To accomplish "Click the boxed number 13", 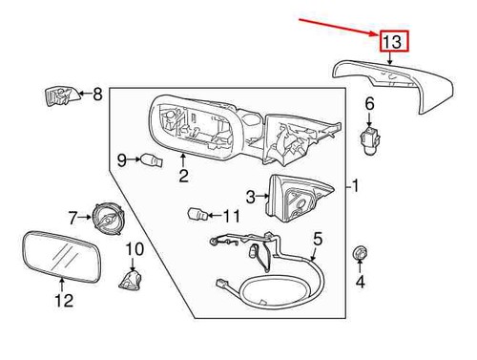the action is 394,41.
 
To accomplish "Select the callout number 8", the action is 97,94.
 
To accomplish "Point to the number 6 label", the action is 369,104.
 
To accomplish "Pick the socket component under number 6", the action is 369,140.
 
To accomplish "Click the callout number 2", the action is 183,175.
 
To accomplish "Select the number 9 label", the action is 122,159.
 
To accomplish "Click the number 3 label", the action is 251,197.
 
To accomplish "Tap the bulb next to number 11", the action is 197,214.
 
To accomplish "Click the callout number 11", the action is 232,216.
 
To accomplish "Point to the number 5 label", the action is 318,240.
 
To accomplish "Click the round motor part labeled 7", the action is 109,218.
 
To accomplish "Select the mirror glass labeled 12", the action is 62,256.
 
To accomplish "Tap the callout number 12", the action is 64,300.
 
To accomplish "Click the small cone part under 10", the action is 131,280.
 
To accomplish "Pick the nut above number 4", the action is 360,253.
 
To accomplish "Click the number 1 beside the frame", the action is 356,185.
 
